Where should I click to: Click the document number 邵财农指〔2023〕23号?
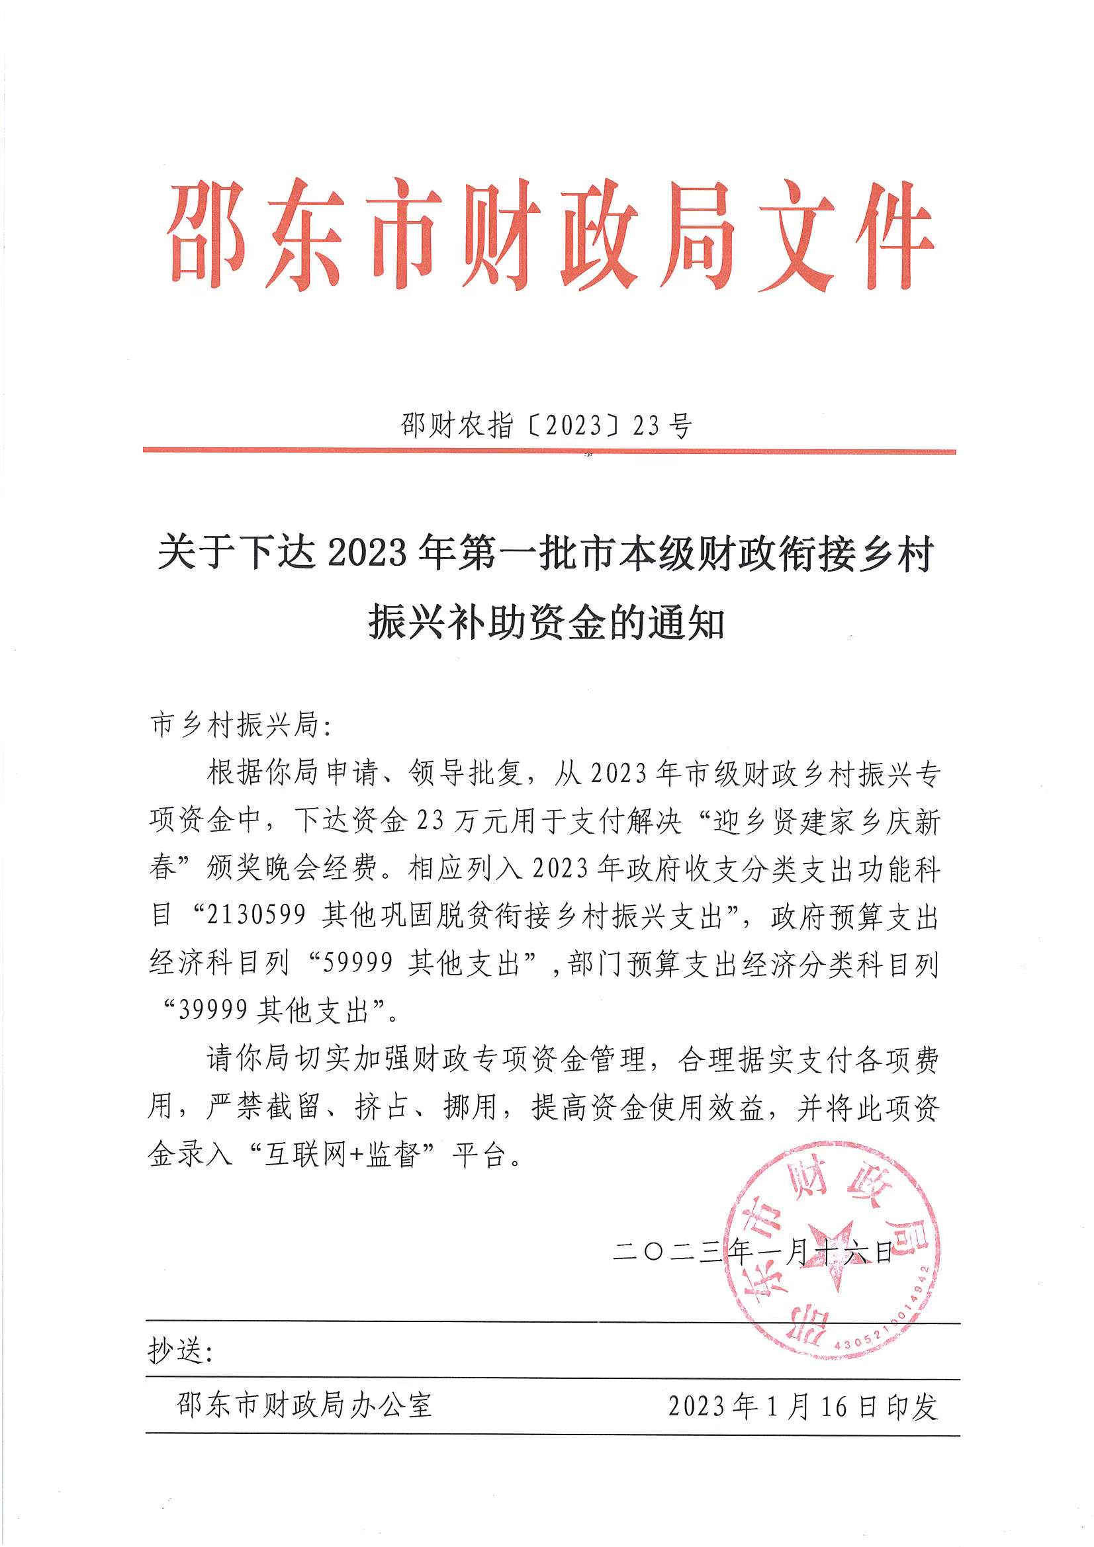[x=547, y=426]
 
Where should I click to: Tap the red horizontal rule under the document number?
[x=549, y=451]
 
